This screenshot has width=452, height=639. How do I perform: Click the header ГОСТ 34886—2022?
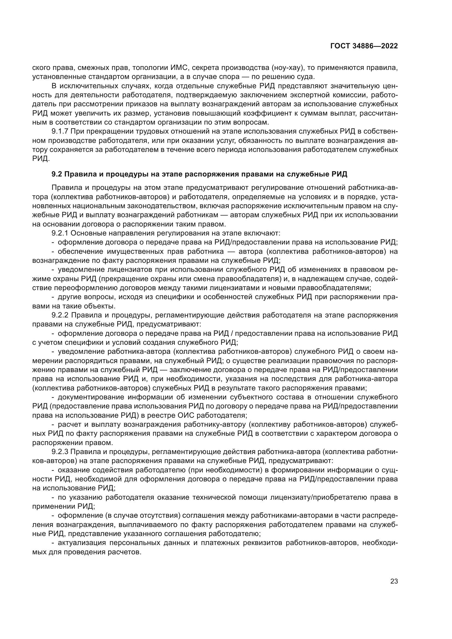[x=364, y=46]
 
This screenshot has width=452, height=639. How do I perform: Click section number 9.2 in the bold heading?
[x=57, y=175]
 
